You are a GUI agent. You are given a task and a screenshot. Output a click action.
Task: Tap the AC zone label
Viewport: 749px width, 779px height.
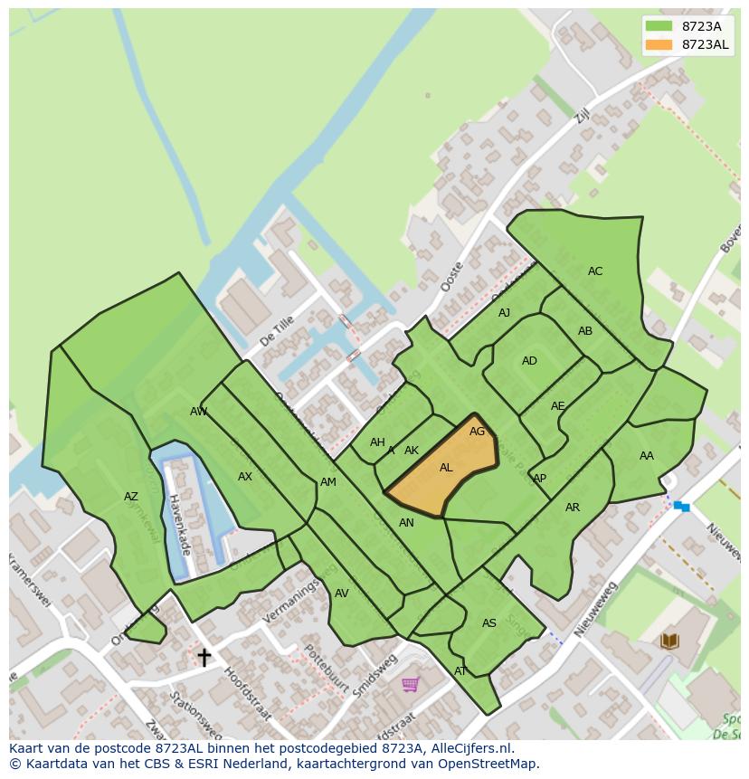pos(595,271)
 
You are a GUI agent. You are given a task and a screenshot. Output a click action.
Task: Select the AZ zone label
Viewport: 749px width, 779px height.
pos(131,497)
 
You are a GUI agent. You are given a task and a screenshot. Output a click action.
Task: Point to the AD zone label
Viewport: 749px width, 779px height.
pos(529,361)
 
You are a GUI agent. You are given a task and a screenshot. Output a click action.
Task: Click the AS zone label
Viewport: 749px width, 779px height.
pos(489,623)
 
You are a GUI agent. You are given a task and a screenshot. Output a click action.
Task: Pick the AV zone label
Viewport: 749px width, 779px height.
pos(341,594)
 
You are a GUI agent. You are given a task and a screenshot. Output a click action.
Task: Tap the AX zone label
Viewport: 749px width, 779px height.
pos(245,477)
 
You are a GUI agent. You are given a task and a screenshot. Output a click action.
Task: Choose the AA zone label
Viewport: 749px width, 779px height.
pos(646,456)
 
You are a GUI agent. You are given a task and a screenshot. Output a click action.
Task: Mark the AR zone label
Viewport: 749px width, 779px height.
pos(573,508)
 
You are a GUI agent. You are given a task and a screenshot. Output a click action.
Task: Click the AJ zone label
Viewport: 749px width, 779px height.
pos(505,313)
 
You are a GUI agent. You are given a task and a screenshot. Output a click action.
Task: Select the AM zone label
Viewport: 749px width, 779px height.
pos(328,482)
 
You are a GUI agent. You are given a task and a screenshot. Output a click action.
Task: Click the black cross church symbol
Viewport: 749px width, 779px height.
pos(204,657)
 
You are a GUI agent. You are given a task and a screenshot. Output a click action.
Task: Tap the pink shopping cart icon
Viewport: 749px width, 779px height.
pos(410,684)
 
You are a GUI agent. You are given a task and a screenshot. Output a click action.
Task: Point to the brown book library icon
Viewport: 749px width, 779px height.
pos(669,641)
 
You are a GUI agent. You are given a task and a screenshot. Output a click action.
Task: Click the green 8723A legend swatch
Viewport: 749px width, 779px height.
pos(659,26)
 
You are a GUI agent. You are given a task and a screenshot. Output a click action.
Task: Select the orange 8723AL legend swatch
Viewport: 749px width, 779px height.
pos(659,44)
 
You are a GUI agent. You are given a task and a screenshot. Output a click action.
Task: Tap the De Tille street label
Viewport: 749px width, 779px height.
pos(277,331)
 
